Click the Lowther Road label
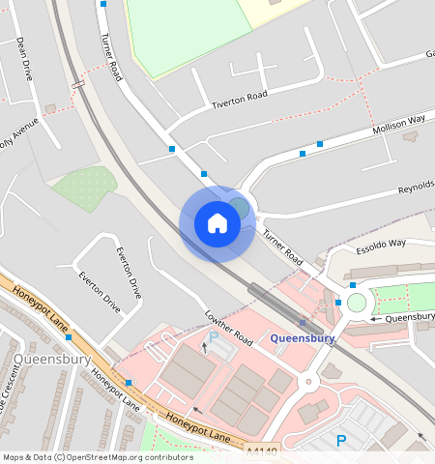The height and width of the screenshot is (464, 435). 228,329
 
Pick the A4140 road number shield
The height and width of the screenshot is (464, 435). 261,450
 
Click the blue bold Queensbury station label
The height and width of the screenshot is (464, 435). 303,338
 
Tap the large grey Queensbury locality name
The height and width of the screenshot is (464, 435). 52,360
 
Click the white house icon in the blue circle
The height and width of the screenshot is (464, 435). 217,223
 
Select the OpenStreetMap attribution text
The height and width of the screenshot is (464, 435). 98,457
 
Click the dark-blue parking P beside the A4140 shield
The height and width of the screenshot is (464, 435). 340,441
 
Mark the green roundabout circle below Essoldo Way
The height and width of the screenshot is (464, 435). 358,303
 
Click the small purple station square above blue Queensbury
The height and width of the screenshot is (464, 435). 303,323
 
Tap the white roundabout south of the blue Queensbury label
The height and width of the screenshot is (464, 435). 309,382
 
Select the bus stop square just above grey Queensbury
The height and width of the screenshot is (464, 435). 69,337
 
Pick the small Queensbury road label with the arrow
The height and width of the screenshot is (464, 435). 406,317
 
